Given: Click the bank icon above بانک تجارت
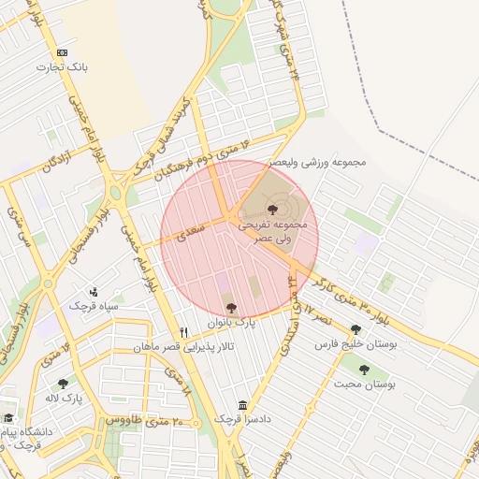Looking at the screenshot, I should (x=63, y=53).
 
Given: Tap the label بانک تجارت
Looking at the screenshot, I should (x=62, y=67).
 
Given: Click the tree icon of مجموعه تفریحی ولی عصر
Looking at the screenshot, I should (x=272, y=210).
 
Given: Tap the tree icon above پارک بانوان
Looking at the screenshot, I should (x=231, y=307).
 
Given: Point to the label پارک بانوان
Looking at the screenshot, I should (x=237, y=323).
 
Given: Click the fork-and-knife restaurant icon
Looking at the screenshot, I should (x=184, y=332).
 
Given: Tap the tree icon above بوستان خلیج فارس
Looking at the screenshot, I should (x=356, y=329).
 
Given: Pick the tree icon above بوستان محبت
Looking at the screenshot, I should (x=364, y=370).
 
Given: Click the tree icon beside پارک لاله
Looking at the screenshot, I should (x=63, y=384).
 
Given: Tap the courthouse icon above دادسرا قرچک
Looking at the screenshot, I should (x=243, y=405).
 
